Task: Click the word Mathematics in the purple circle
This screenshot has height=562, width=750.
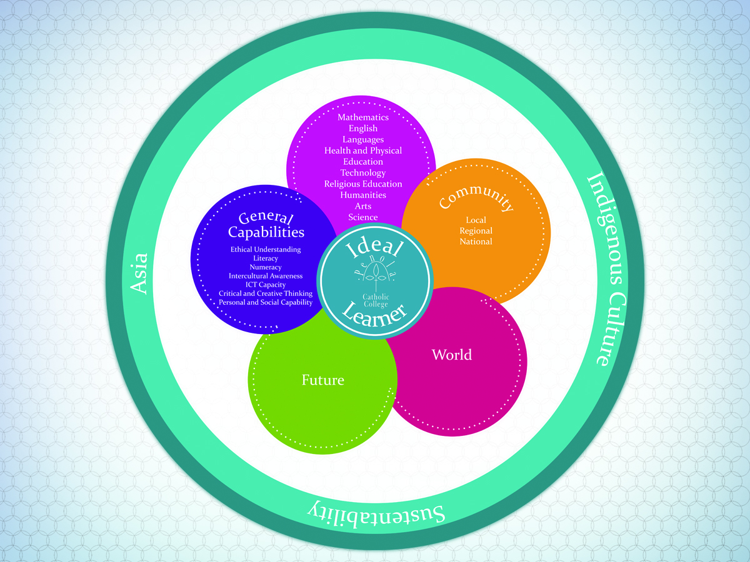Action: pyautogui.click(x=363, y=117)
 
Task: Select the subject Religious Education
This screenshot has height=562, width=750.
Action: pyautogui.click(x=363, y=184)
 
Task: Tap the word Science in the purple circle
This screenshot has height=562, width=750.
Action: pyautogui.click(x=363, y=217)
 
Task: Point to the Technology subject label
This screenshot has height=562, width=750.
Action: pyautogui.click(x=363, y=173)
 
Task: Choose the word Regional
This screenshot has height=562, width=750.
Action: pyautogui.click(x=476, y=231)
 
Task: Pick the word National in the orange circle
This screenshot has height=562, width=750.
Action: pyautogui.click(x=476, y=242)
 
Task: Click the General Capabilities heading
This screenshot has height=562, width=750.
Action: pyautogui.click(x=266, y=225)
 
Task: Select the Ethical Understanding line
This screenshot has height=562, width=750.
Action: pyautogui.click(x=266, y=250)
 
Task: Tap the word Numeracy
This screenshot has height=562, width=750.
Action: pyautogui.click(x=266, y=267)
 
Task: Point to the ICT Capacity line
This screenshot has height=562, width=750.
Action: pyautogui.click(x=266, y=285)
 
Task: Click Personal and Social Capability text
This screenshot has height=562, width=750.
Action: pyautogui.click(x=266, y=302)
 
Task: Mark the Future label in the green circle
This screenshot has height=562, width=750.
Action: pyautogui.click(x=323, y=380)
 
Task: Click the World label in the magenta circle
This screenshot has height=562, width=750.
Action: pyautogui.click(x=452, y=355)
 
